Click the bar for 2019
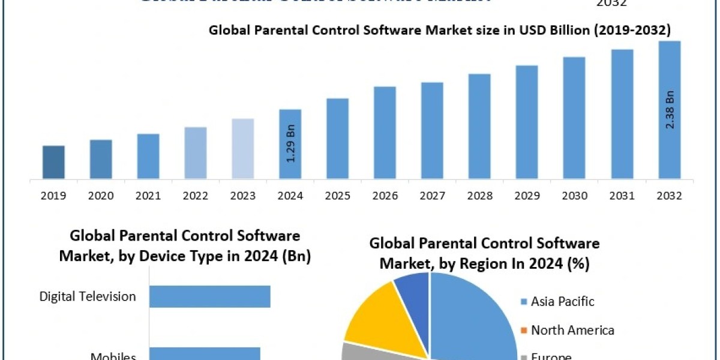[53, 162]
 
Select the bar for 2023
[243, 148]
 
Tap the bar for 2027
[432, 130]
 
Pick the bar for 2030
[574, 118]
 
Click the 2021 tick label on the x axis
[148, 196]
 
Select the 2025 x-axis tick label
[338, 196]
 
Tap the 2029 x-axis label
[527, 196]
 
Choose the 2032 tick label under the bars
[669, 196]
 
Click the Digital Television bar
[210, 296]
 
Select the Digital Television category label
[88, 296]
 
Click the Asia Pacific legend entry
[562, 301]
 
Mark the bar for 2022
[196, 152]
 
